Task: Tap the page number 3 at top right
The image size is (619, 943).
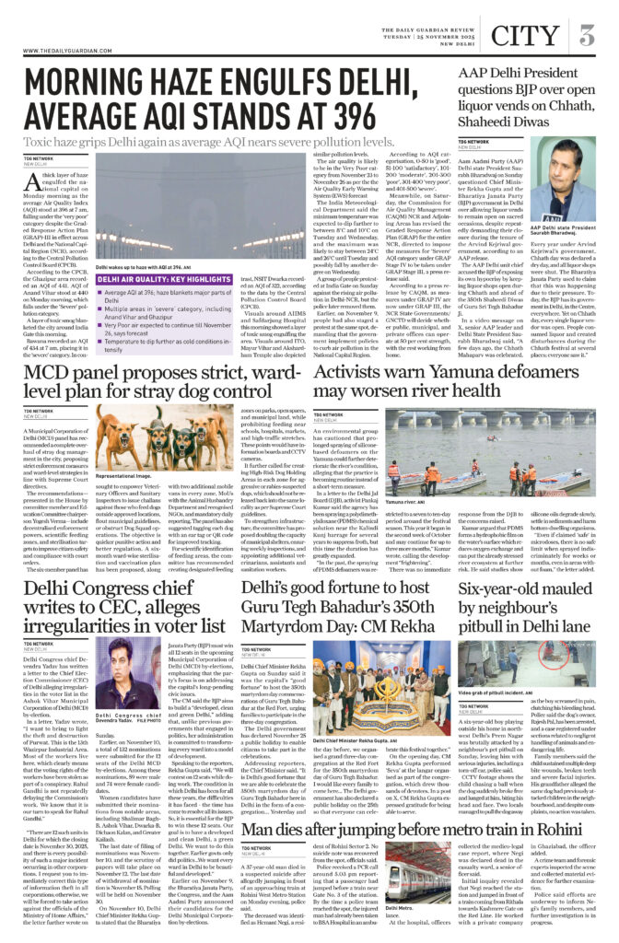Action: [586, 36]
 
